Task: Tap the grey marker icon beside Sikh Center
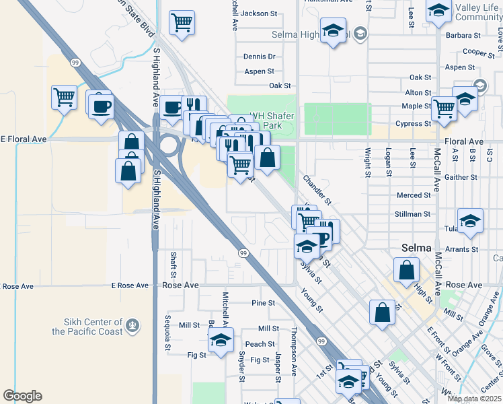coord(133,327)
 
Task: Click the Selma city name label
coord(416,248)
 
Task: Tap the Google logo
coord(22,396)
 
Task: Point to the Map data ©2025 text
coord(474,399)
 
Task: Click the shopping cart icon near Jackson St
coord(182,23)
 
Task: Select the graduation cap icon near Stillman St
coord(470,220)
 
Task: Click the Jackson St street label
coord(259,13)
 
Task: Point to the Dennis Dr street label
coord(259,57)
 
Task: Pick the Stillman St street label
coord(413,214)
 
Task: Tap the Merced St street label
coord(414,195)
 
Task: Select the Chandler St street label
coord(317,190)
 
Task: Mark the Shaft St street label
coord(173,265)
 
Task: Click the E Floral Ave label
coord(24,139)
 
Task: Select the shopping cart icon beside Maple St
coord(444,108)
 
